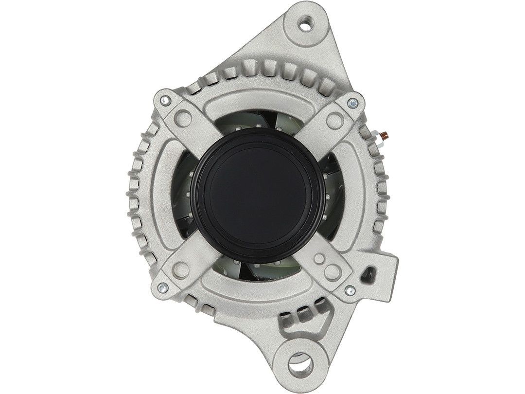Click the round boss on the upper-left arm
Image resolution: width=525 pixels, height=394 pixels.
click(x=184, y=116)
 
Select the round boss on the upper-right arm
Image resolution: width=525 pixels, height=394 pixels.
click(x=334, y=118)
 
